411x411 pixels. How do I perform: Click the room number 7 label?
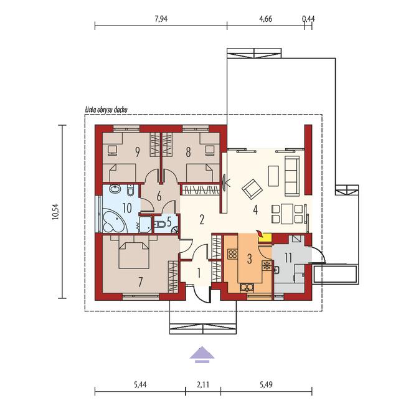141,282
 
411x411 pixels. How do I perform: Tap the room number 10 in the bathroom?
127,209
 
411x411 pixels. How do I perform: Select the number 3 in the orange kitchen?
249,258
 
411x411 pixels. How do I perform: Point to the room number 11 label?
288,258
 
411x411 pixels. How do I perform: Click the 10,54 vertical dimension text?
56,212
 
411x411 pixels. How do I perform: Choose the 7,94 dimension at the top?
161,19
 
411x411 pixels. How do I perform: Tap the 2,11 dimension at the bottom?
203,385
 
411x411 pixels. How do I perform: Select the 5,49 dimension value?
266,385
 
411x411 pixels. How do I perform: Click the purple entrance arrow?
202,354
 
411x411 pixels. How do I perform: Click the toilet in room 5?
160,224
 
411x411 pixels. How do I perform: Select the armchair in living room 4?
252,189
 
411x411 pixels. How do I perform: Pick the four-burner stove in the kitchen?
232,254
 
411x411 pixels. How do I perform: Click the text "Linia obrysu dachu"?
106,110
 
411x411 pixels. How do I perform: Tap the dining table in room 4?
286,214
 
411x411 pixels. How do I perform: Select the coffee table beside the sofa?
273,176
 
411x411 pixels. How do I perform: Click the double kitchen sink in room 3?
247,288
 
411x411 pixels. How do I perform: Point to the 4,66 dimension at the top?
265,19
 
